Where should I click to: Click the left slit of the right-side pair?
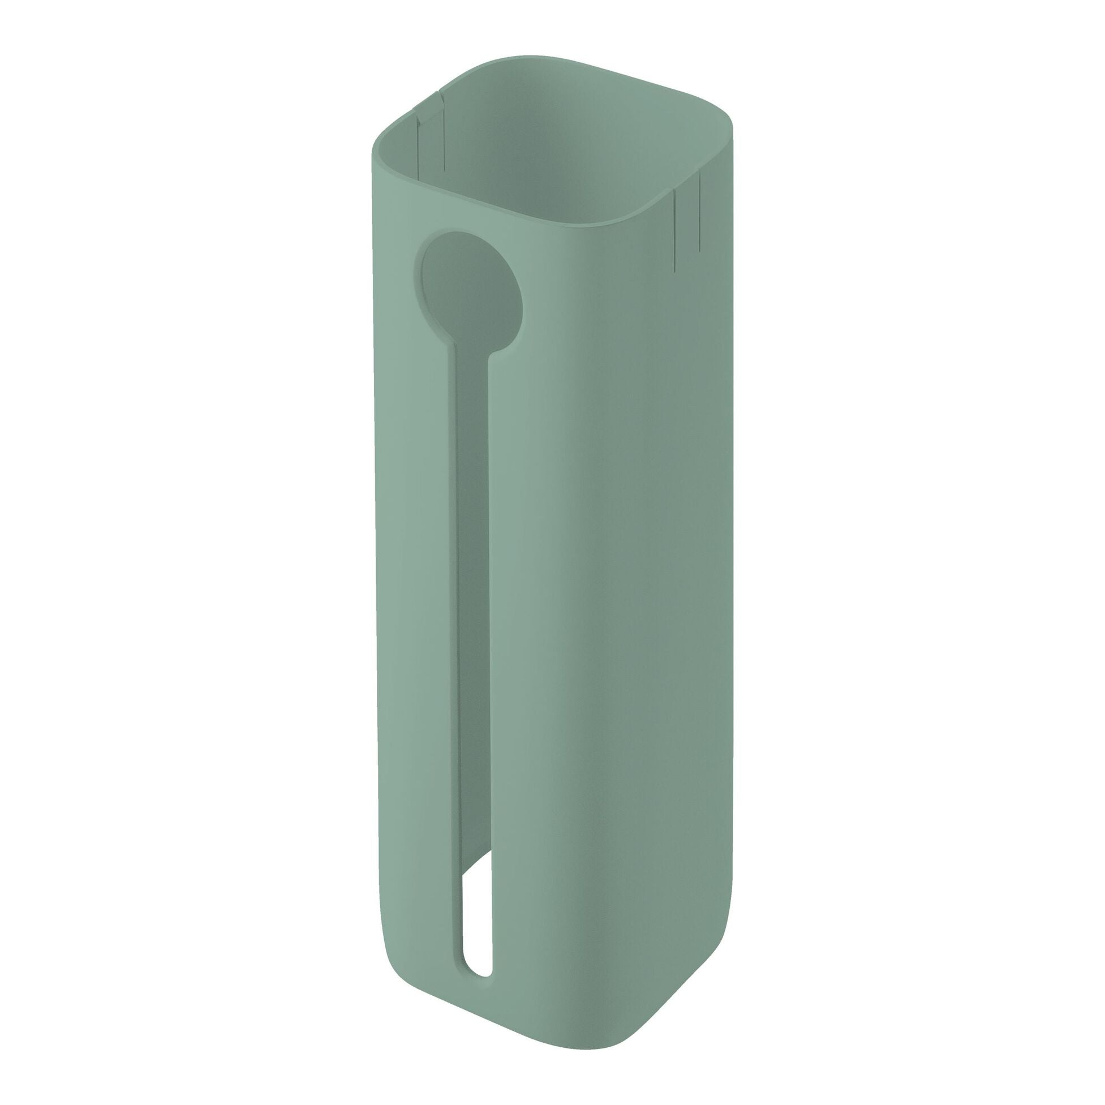675,229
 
